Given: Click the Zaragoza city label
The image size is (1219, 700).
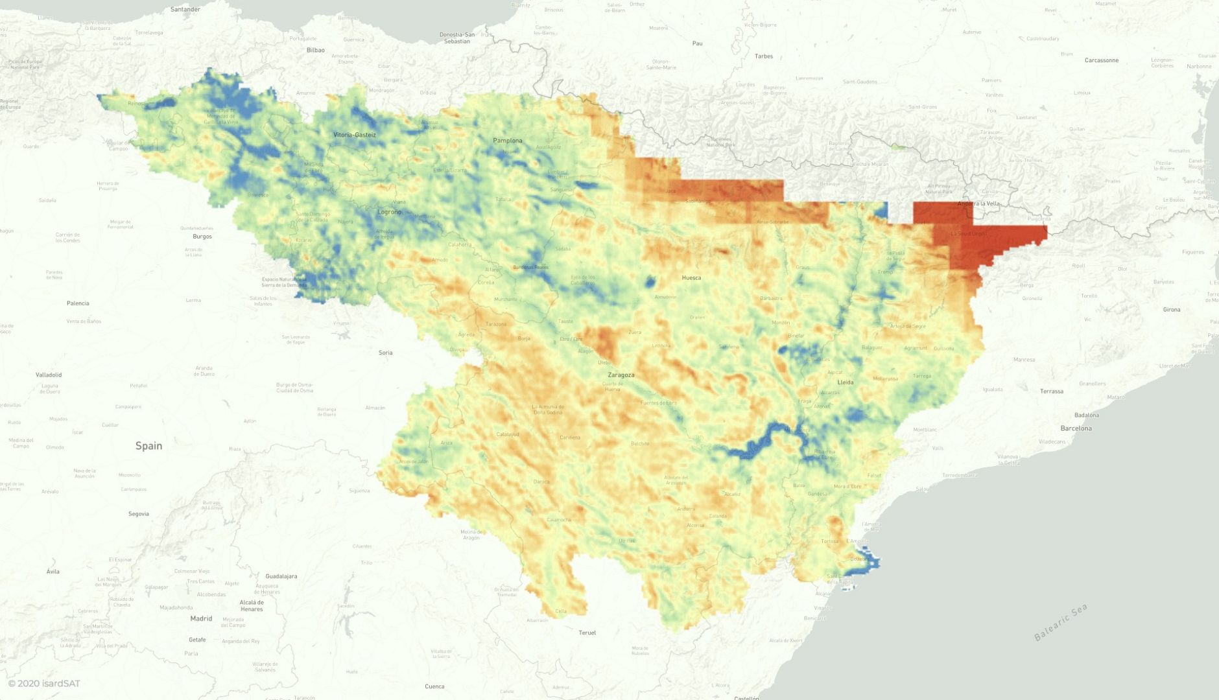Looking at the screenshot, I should pos(621,375).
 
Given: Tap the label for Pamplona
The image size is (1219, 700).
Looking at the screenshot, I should pos(507,141).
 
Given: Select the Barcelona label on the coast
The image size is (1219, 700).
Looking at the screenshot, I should pos(1076,428).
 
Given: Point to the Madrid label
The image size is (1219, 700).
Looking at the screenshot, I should pos(201,618).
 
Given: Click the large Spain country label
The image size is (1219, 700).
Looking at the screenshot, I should pos(148,446).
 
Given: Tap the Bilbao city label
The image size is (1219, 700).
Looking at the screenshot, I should pos(315,50).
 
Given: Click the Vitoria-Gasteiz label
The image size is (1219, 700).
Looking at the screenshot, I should pos(354,135).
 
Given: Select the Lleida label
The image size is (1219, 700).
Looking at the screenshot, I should pos(846,382).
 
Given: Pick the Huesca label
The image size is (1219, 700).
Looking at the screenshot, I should pos(691,278).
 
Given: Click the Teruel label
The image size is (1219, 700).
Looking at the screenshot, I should pos(587,633).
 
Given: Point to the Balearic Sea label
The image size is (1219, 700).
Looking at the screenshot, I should pos(1060,623).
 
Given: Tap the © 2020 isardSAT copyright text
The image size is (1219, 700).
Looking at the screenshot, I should pos(44,683).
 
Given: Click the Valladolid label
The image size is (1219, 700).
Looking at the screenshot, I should pos(49,375).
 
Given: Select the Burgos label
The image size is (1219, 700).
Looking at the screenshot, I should pos(202,237).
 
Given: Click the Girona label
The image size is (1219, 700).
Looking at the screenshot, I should pos(1171,310).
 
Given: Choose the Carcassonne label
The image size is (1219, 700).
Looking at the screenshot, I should pos(1101,60).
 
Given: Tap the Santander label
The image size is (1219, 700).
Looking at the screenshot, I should pos(185,10).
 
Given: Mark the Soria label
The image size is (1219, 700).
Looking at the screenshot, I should pos(385,353).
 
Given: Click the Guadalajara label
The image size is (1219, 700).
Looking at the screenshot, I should pos(281,576).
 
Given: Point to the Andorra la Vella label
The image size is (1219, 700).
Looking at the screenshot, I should pos(978,204).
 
